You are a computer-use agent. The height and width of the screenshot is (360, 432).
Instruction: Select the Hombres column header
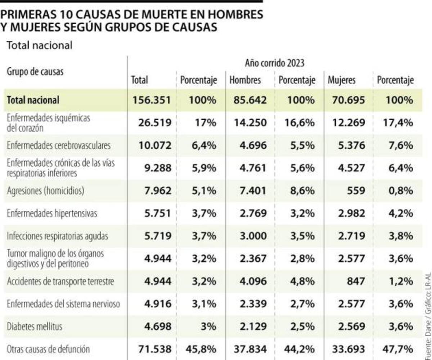click(245, 80)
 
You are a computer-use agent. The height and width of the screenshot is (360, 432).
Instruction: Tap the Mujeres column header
click(341, 80)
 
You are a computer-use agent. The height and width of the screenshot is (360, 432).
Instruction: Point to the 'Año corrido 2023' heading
click(274, 63)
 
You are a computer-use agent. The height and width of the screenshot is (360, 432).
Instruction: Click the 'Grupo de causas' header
click(35, 71)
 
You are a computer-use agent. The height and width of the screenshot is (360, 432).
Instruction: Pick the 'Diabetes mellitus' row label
click(35, 327)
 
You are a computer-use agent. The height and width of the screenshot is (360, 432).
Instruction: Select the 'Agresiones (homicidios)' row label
click(45, 191)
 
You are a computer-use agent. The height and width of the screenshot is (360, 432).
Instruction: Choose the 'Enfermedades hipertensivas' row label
click(52, 213)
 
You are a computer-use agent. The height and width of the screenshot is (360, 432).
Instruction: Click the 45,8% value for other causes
click(202, 349)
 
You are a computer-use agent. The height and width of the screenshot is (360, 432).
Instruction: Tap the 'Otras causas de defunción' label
click(48, 349)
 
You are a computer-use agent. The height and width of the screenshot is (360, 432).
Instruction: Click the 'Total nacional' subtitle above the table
click(40, 45)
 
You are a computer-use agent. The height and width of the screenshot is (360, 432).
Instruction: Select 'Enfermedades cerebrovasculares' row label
click(59, 145)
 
